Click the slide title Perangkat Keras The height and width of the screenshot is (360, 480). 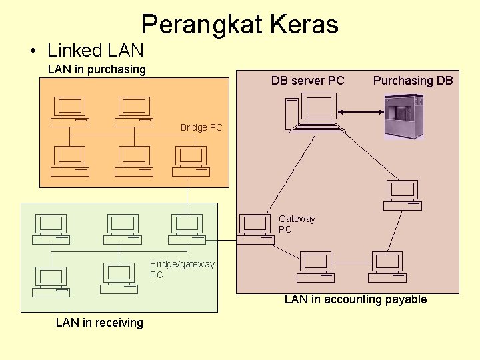239,25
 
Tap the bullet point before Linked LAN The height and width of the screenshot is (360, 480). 32,51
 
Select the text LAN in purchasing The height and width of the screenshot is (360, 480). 97,69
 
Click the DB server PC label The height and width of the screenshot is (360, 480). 307,81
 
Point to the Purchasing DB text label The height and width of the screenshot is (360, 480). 413,81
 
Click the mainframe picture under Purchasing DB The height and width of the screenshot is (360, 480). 403,116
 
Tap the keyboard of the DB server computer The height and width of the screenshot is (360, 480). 321,127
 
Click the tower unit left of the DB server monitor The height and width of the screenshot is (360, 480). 291,113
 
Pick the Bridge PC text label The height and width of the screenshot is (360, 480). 201,127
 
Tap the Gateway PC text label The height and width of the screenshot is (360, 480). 296,224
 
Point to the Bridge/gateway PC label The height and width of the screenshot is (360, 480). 181,269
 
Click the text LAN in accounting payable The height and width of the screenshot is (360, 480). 355,299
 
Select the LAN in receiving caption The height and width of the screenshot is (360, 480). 99,323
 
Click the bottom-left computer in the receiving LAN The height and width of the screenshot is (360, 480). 51,281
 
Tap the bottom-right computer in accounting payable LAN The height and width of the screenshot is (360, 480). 389,267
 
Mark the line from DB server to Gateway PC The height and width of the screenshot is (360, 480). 292,173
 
